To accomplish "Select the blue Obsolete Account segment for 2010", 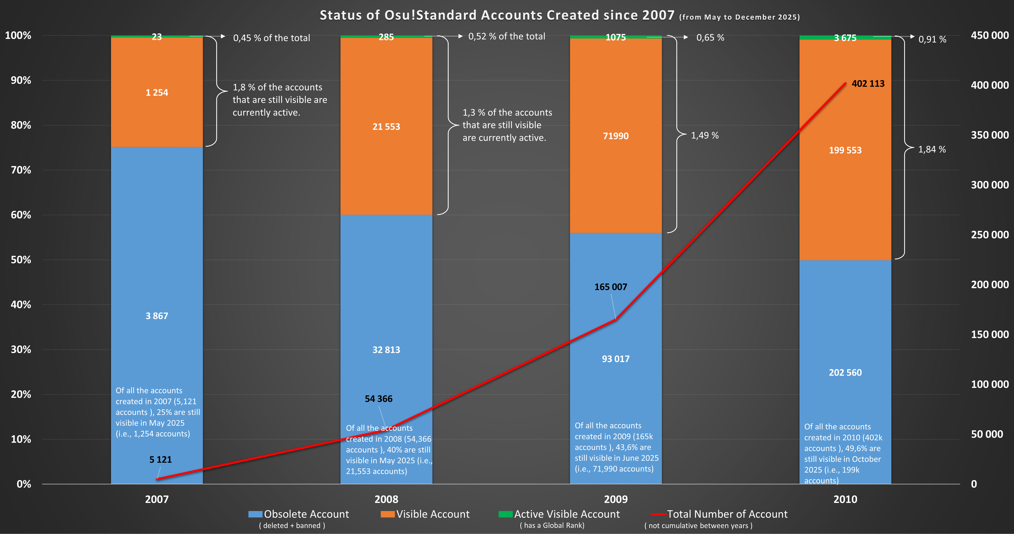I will [x=845, y=335].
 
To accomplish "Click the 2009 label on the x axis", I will [x=616, y=499].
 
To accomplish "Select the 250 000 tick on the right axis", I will [x=990, y=235].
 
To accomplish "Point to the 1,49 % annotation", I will [x=705, y=135].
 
